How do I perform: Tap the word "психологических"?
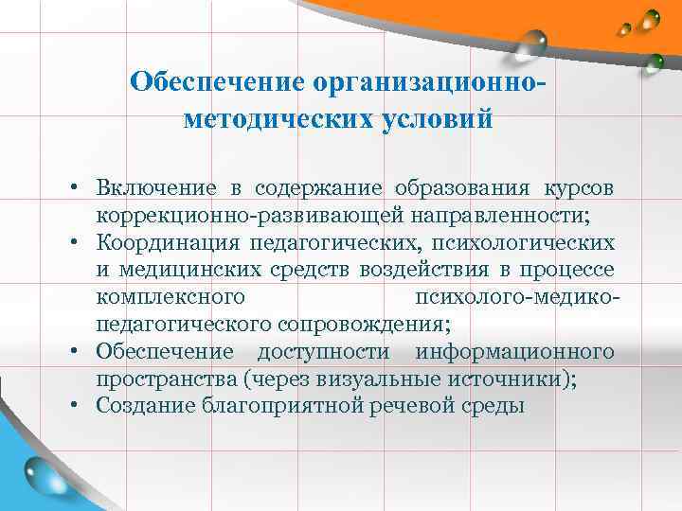(532, 242)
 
